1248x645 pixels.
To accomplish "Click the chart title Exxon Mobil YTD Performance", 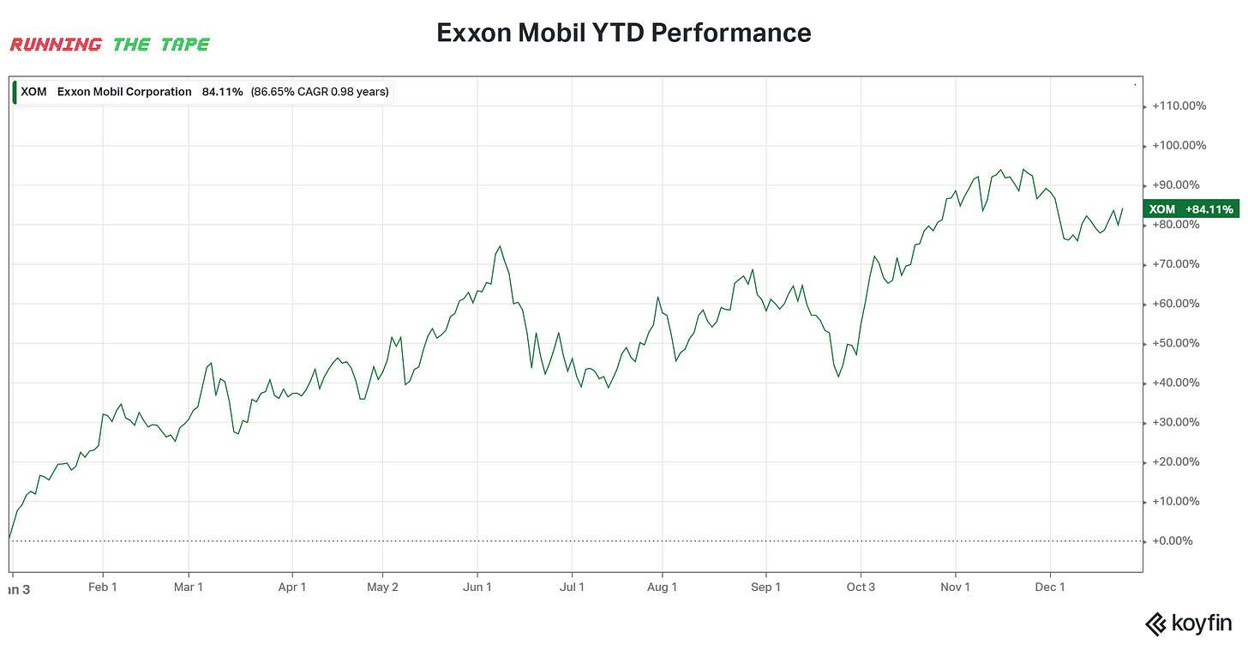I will click(x=623, y=33).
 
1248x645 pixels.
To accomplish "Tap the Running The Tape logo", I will click(x=109, y=45).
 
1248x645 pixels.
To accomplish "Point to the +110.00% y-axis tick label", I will click(x=1179, y=106).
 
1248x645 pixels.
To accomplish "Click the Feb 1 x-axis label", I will click(x=103, y=588).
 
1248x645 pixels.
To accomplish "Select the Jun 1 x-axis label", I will click(x=477, y=588).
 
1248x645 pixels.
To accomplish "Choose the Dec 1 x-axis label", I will click(x=1050, y=588).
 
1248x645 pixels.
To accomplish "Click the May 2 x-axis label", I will click(x=382, y=588).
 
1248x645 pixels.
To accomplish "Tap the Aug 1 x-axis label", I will click(x=662, y=588).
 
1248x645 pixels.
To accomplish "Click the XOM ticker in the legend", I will click(x=34, y=92).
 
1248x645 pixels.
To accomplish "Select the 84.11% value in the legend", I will click(x=222, y=92).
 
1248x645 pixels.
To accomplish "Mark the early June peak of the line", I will click(x=500, y=246).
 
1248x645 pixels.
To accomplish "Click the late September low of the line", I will click(x=838, y=377).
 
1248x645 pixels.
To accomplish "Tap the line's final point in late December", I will click(x=1123, y=208).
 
